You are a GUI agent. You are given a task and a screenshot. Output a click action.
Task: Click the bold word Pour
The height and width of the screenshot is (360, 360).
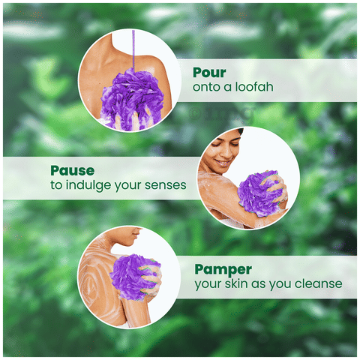(x=209, y=73)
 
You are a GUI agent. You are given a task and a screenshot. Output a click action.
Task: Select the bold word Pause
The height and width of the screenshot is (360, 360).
(x=73, y=171)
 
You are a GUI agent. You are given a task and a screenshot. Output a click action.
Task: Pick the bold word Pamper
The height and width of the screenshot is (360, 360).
(x=223, y=270)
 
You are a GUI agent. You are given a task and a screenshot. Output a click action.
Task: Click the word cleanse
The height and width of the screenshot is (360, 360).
(x=318, y=283)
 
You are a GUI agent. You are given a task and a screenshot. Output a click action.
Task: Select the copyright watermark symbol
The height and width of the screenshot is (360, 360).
(x=193, y=114)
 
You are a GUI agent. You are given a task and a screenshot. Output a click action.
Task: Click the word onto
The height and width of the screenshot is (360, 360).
(x=207, y=87)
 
